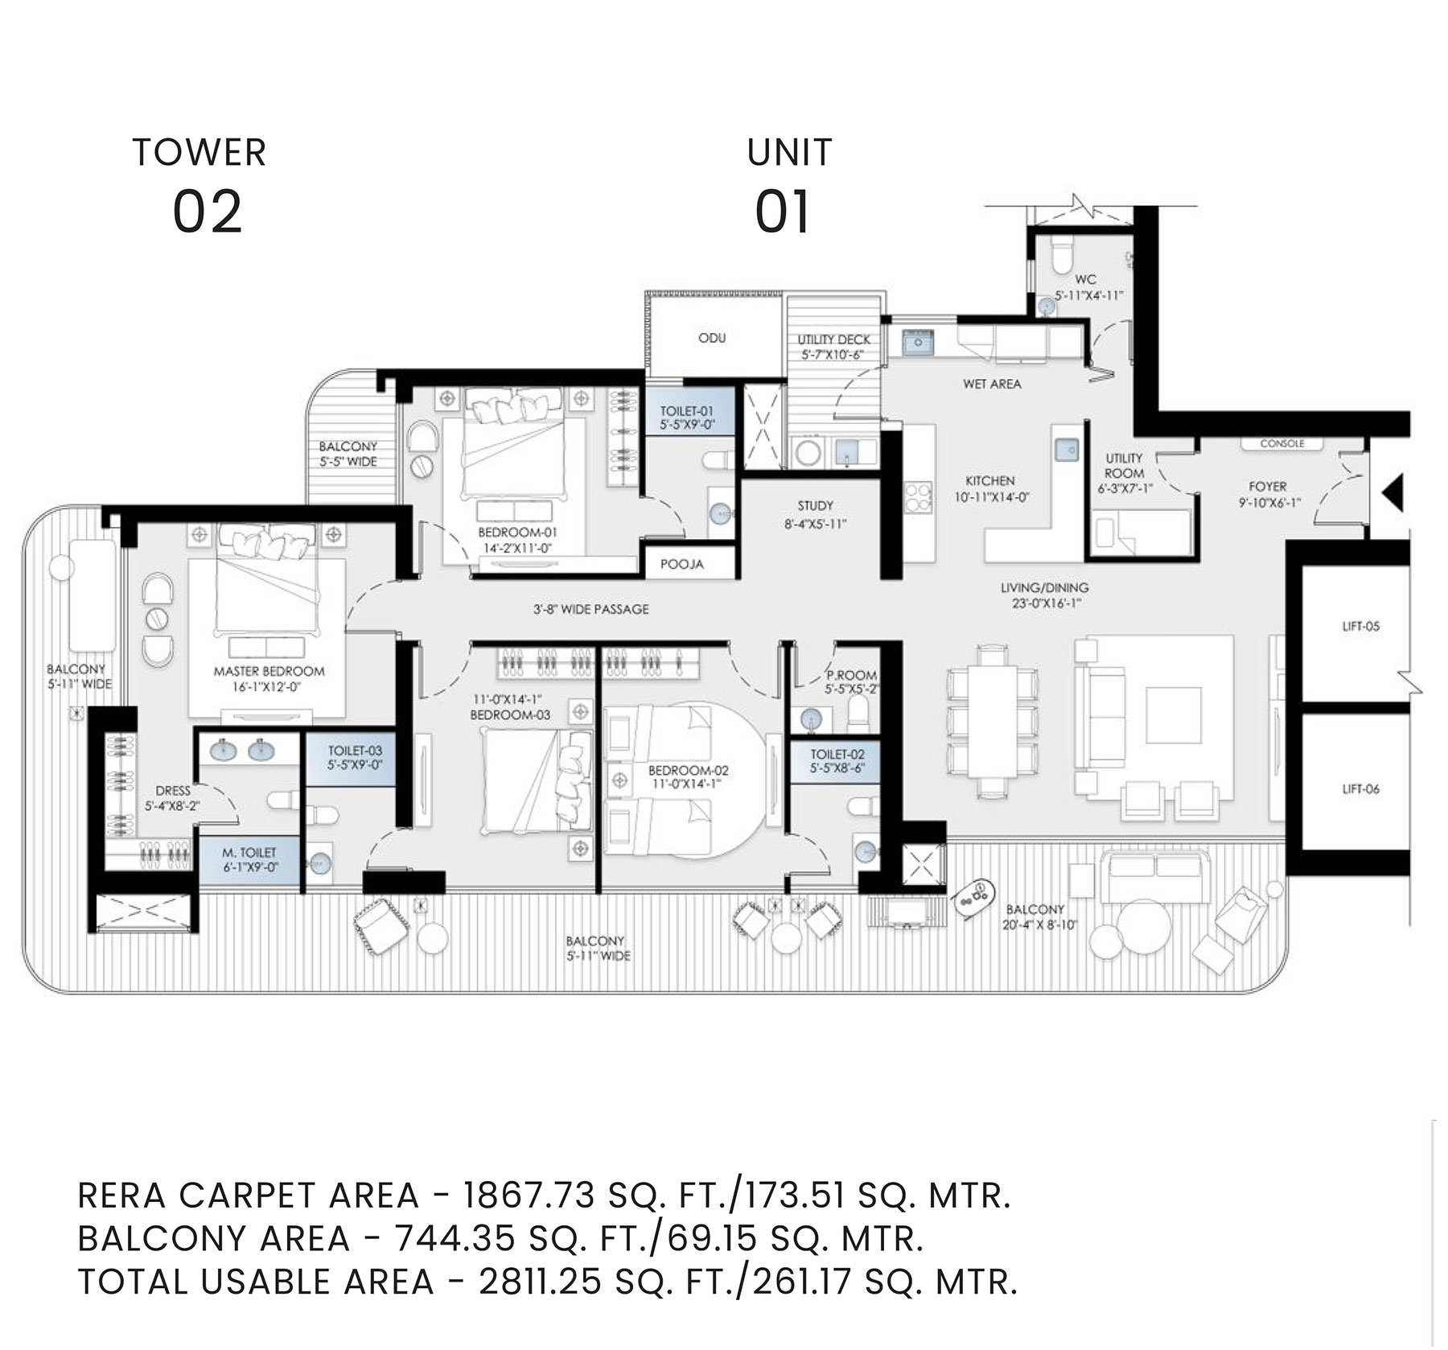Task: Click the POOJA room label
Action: [x=682, y=564]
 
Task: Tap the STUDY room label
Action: [x=815, y=506]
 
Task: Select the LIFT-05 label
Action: [x=1360, y=626]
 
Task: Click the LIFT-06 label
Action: [x=1360, y=789]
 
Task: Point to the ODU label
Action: [x=712, y=338]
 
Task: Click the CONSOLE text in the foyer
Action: [x=1282, y=443]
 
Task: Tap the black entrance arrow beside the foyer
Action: [x=1392, y=492]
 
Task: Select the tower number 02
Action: [x=208, y=212]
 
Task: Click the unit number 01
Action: [x=782, y=212]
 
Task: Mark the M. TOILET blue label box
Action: [x=249, y=861]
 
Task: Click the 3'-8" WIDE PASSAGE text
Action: [x=590, y=610]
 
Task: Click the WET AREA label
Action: [x=992, y=385]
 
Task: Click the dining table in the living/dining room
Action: [x=991, y=722]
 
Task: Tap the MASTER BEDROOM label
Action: [x=269, y=671]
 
